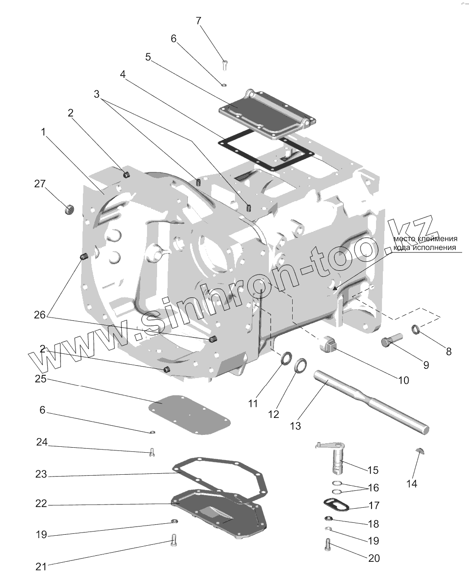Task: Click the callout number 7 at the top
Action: (x=198, y=21)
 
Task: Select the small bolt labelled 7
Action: (x=224, y=65)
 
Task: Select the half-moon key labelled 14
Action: (x=420, y=451)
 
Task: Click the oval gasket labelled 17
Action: (x=336, y=505)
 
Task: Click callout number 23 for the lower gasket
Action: (x=41, y=475)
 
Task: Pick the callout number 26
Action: (x=41, y=315)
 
